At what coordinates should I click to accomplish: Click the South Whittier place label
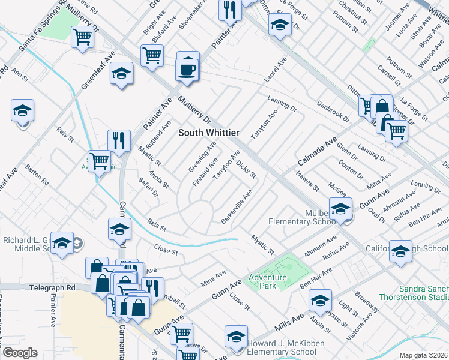pos(209,132)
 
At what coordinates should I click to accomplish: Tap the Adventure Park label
pos(268,281)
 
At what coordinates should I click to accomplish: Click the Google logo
pos(20,353)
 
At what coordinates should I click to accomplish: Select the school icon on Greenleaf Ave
pos(122,73)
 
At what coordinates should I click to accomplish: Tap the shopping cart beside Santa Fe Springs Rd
pos(82,37)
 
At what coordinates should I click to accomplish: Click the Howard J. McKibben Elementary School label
pos(281,347)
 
